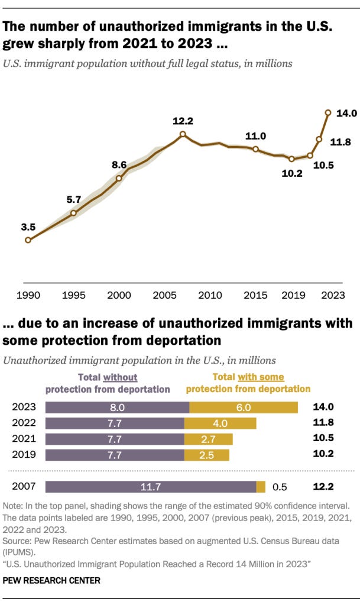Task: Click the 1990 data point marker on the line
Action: click(x=28, y=240)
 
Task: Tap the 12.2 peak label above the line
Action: click(x=183, y=121)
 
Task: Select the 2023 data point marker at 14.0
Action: click(x=328, y=112)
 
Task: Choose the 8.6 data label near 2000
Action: click(x=119, y=164)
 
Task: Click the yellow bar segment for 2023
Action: click(x=244, y=407)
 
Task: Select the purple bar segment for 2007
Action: click(x=150, y=487)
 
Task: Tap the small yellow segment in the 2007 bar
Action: click(x=261, y=487)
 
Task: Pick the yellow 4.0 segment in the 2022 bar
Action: click(x=220, y=423)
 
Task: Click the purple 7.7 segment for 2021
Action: click(x=115, y=439)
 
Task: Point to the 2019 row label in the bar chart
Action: click(x=23, y=455)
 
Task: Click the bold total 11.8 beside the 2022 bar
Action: click(x=323, y=423)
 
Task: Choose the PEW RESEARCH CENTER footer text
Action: click(x=51, y=581)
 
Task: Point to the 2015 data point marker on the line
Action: click(x=255, y=149)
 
